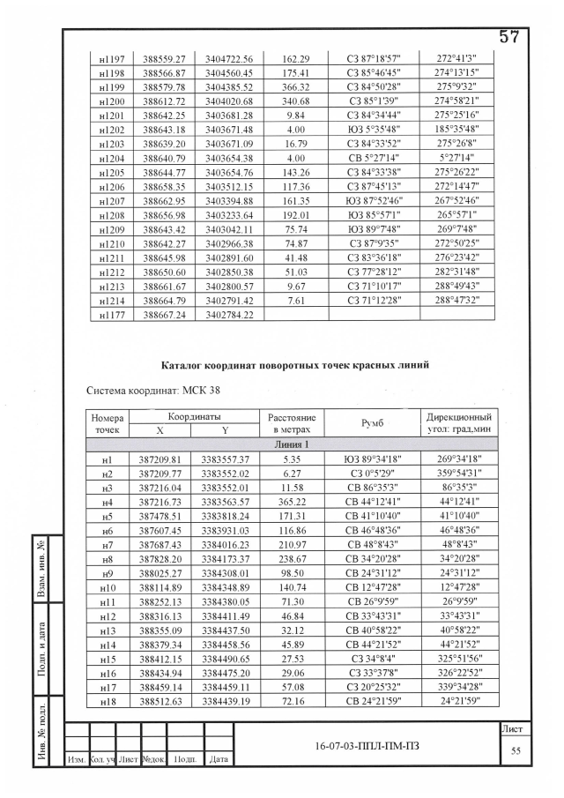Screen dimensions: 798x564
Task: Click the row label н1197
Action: pos(111,56)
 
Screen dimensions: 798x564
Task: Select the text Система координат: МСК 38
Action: pos(145,390)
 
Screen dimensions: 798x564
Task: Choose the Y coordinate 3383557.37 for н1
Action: pos(226,459)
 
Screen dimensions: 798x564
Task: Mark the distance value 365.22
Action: pos(293,502)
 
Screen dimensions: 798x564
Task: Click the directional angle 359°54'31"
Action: pos(457,474)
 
